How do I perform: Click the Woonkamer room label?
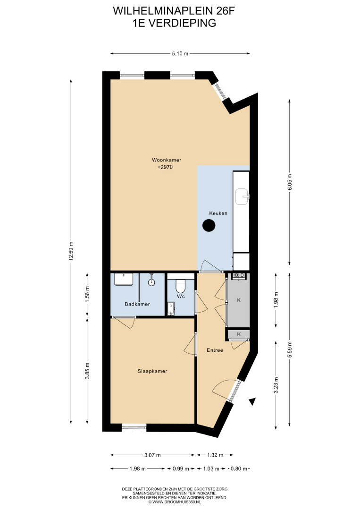(x=167, y=160)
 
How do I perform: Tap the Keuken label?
(x=218, y=213)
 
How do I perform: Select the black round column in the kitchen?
(x=209, y=225)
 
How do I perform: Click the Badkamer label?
(x=137, y=304)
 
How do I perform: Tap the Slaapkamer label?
(x=152, y=371)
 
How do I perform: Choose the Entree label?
(x=215, y=350)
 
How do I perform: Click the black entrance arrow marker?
(x=252, y=402)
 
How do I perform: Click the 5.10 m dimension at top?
(x=180, y=54)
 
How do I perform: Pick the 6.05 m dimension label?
(x=290, y=182)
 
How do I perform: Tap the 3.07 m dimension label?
(x=153, y=455)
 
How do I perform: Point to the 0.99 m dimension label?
(x=181, y=469)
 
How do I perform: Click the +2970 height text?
(x=165, y=167)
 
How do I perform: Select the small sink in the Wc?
(x=171, y=308)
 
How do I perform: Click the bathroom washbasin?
(x=124, y=280)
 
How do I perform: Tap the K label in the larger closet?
(x=239, y=300)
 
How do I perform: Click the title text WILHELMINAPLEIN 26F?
(x=174, y=11)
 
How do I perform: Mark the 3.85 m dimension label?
(x=87, y=371)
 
